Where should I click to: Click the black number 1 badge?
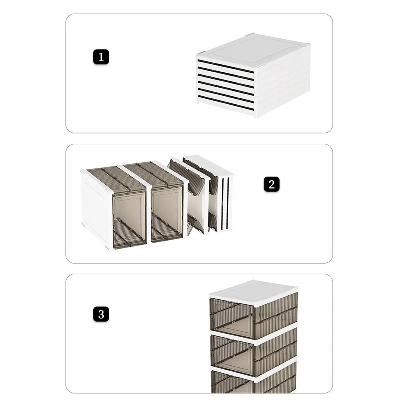(101, 57)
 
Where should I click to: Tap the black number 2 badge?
(272, 184)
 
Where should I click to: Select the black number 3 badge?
(101, 314)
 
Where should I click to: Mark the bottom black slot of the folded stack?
(226, 103)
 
